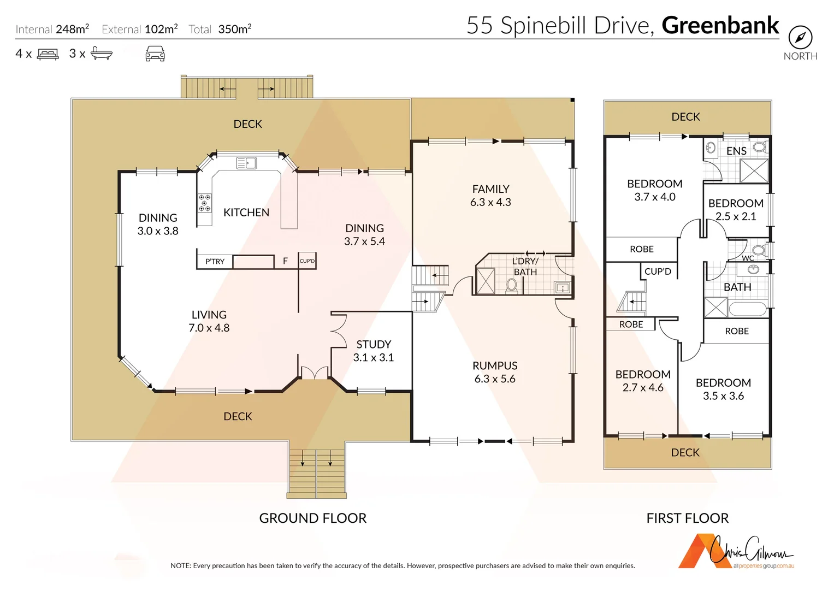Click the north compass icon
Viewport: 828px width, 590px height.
pos(800,38)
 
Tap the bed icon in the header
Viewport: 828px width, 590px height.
pos(48,54)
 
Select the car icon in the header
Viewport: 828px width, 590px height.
pos(155,54)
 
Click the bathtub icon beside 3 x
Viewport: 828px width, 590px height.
pos(102,54)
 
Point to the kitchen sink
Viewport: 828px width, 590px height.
pos(246,163)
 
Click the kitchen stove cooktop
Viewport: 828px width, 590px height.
pos(204,202)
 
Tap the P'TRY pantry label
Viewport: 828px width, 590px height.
pos(215,262)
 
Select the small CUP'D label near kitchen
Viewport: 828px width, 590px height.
pos(307,261)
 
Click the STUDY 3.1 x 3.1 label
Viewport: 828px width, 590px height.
pos(374,351)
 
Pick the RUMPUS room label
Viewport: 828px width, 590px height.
pos(495,366)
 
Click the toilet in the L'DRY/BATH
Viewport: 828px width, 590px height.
pos(512,285)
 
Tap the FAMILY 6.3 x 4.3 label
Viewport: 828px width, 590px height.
pos(490,196)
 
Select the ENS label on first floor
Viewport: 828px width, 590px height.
pos(736,151)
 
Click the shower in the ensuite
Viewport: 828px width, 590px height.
pos(754,171)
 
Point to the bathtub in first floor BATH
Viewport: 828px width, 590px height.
pos(748,309)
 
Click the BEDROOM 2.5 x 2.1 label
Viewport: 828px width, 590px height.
pos(736,210)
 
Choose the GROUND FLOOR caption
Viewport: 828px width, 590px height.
pos(312,518)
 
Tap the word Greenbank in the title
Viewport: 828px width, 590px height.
pos(720,26)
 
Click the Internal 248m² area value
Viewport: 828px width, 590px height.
pos(72,29)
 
